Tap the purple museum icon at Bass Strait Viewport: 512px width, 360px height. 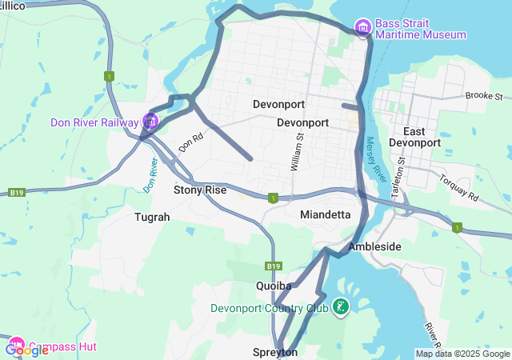pos(363,28)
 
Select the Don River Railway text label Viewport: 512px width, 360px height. pos(94,122)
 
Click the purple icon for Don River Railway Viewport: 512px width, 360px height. pos(150,122)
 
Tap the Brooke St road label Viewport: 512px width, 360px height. pos(482,95)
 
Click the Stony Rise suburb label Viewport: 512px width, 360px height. pos(200,190)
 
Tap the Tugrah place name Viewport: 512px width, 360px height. pos(152,217)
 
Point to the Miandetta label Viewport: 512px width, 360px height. pos(325,214)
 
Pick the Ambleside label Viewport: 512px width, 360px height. pos(374,246)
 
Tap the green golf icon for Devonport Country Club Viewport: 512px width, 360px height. pos(340,307)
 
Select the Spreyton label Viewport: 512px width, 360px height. pos(275,352)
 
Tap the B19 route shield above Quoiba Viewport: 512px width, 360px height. pos(274,266)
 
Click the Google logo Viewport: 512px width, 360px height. pos(26,350)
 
